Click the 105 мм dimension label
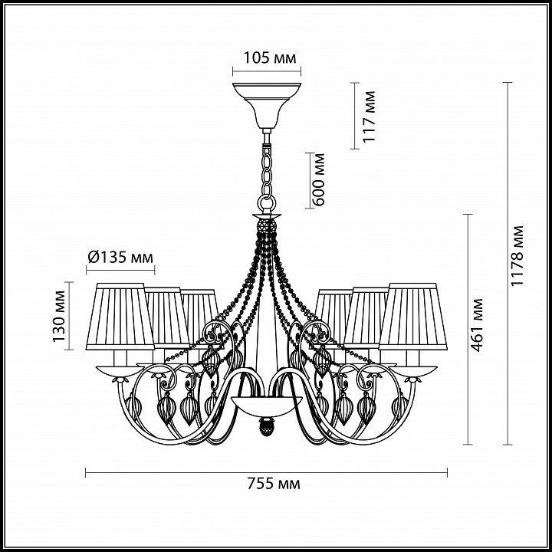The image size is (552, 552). [x=270, y=58]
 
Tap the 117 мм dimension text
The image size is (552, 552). [x=369, y=117]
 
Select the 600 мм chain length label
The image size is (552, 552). [x=319, y=179]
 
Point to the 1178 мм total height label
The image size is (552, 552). [x=517, y=255]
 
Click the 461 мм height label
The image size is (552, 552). [x=477, y=325]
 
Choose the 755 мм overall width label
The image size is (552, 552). [x=274, y=484]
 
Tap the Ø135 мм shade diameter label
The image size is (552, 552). [x=120, y=258]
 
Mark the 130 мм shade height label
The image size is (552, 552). [x=59, y=316]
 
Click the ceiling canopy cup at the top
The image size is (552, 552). [x=267, y=104]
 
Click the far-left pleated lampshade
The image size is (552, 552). [x=120, y=316]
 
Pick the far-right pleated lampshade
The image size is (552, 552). [x=413, y=316]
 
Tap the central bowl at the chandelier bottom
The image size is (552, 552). [x=267, y=406]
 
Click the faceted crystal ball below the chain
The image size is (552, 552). [x=267, y=226]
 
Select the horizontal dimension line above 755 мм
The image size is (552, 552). [x=266, y=472]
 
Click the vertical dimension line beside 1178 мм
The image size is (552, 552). [x=508, y=263]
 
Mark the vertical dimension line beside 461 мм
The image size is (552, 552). [x=468, y=329]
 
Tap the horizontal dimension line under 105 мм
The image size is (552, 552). [x=267, y=71]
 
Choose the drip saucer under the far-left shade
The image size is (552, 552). [x=120, y=371]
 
